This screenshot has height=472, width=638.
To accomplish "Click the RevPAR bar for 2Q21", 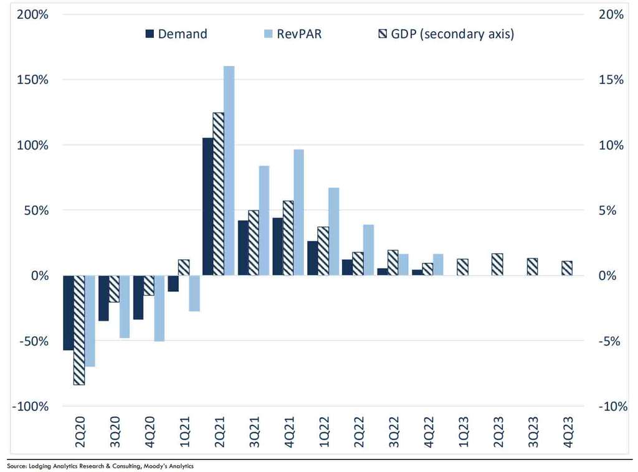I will [x=229, y=171].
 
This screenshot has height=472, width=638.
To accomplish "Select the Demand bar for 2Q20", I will [x=69, y=313].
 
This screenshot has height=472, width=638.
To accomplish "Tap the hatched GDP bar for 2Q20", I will [x=79, y=330].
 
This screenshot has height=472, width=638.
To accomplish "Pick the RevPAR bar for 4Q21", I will [x=298, y=212].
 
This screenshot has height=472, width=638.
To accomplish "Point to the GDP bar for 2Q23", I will [x=497, y=265].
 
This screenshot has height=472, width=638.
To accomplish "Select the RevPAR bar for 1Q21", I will [x=194, y=293].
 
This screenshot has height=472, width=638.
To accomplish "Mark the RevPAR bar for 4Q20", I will [x=159, y=308].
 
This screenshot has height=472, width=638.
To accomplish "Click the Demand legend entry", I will [x=176, y=34].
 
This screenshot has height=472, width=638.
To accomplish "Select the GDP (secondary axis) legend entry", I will [x=445, y=34].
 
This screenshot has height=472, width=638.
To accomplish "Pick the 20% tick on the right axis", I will [x=611, y=14].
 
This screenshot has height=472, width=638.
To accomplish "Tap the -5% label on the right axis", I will [x=611, y=341].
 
